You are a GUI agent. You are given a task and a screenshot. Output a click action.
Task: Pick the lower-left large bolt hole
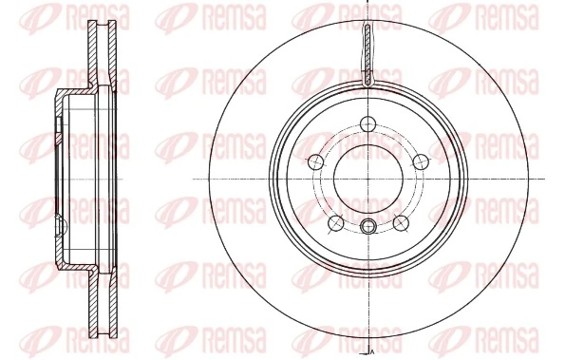click(334, 222)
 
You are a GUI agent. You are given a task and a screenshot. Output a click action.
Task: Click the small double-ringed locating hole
click(367, 225)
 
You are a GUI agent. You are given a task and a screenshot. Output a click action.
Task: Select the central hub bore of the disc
click(367, 179)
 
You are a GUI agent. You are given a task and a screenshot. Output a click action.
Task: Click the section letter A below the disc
click(371, 353)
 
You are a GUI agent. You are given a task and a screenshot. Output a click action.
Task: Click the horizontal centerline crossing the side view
click(28, 180)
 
